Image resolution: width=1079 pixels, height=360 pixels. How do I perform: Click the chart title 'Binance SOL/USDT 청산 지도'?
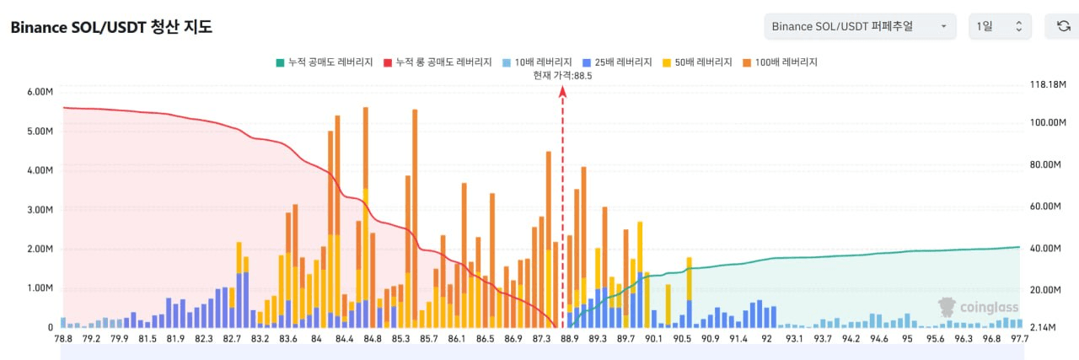[111, 27]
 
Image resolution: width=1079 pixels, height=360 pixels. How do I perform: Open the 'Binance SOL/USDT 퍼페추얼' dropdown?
[860, 26]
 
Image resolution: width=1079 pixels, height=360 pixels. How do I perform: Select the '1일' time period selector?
[1000, 26]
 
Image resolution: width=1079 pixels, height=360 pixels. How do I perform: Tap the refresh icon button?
[1063, 26]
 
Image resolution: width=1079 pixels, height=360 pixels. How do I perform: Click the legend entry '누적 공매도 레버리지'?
[324, 62]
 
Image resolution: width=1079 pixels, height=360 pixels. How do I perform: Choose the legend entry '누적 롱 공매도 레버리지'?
[438, 62]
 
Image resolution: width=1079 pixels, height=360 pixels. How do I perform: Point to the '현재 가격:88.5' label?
[562, 75]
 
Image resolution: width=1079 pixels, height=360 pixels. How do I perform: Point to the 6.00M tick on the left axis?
[40, 92]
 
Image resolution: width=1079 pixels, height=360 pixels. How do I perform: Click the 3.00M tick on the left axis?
[40, 209]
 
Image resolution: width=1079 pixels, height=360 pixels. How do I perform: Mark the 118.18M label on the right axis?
[1048, 85]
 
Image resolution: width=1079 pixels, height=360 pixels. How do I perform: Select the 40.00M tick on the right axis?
[1045, 248]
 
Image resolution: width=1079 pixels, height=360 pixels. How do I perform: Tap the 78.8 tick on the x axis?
[62, 339]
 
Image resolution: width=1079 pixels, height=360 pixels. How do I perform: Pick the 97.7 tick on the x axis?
[1019, 339]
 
